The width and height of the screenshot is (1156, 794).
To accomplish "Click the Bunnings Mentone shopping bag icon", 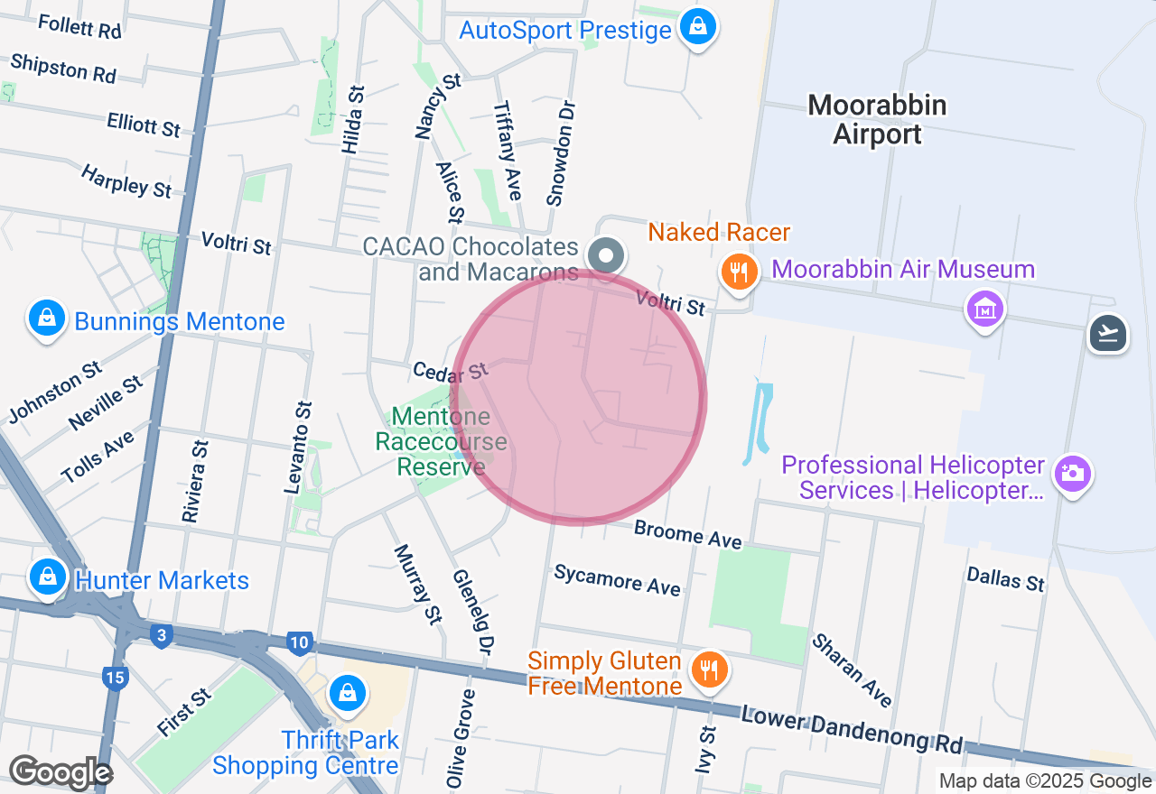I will pos(46,319).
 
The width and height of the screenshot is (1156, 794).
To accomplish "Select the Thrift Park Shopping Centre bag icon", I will pos(346,693).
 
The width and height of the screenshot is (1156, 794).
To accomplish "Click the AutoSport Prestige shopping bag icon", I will pos(698,27).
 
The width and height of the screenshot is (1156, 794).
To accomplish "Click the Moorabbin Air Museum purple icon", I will pos(985,309).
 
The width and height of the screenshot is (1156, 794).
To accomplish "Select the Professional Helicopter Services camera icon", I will pos(1073,473).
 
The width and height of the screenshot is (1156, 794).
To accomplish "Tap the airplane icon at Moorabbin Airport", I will pos(1109,334).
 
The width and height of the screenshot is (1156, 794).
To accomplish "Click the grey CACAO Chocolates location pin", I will pos(607,256).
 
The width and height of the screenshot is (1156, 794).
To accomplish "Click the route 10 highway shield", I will pos(300,643).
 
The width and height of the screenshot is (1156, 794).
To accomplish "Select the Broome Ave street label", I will pos(688,534).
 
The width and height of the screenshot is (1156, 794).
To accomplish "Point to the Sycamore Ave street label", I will pos(617,579).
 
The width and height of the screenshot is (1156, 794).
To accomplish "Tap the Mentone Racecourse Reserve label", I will pos(441,441).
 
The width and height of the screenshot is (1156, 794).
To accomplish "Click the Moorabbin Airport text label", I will pos(877,119).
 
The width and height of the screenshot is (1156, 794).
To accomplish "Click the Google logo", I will pos(61,773).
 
